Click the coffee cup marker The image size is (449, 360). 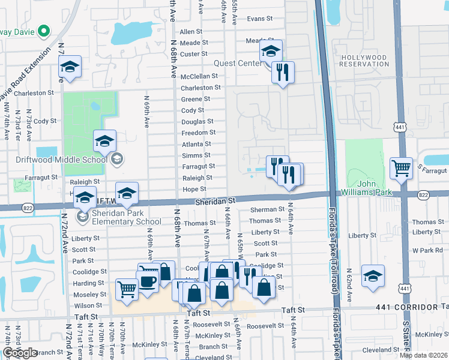[147, 280]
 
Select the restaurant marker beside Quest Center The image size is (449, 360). [283, 72]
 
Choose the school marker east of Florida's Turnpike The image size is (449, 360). [373, 275]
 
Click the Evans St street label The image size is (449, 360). [259, 19]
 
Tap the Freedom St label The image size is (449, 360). [198, 133]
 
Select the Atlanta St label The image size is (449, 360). [196, 144]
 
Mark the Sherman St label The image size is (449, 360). [267, 209]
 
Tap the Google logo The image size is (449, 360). [20, 353]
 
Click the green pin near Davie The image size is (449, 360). [43, 30]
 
